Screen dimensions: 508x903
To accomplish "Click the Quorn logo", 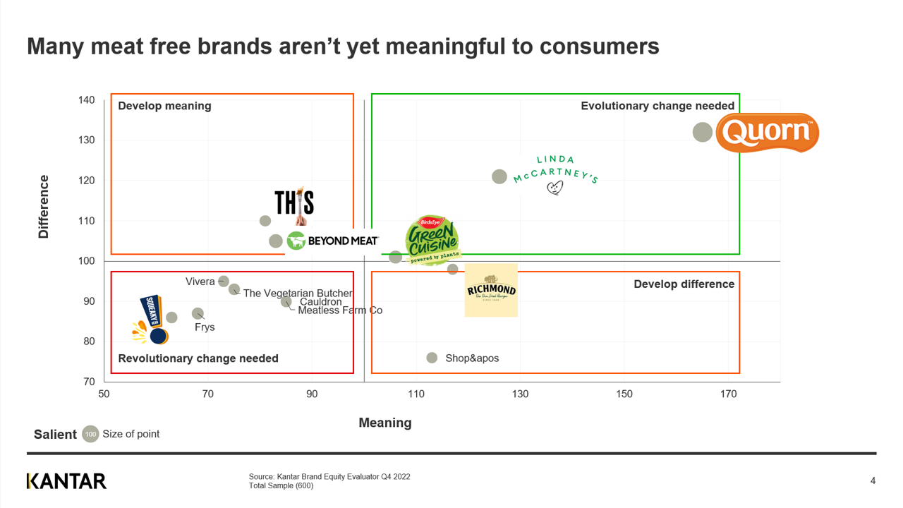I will click(x=768, y=133).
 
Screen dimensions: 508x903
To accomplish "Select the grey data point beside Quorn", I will click(x=702, y=132).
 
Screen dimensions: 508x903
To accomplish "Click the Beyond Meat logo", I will click(x=333, y=241).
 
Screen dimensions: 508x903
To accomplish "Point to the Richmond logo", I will click(x=491, y=290).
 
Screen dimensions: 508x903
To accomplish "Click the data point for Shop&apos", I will click(x=432, y=358).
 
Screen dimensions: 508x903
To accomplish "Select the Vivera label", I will click(x=200, y=282).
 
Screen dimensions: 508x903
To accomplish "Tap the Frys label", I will click(x=205, y=327).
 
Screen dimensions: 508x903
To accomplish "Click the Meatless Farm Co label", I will click(x=340, y=310).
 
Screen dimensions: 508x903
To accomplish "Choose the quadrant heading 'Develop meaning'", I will click(x=164, y=106).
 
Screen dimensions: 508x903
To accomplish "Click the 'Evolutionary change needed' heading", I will click(x=657, y=106).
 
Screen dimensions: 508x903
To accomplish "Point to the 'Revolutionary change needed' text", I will click(x=198, y=358).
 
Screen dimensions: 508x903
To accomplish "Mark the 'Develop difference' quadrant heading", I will click(x=684, y=284).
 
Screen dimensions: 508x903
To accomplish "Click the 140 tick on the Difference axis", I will click(x=86, y=100).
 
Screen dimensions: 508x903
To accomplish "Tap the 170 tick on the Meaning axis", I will click(x=728, y=394).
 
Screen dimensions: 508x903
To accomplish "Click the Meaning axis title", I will click(x=384, y=423).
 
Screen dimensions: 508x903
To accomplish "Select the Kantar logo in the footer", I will click(x=66, y=481).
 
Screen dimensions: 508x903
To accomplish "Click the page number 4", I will click(x=873, y=481).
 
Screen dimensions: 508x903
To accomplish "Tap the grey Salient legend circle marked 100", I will click(x=90, y=434).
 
